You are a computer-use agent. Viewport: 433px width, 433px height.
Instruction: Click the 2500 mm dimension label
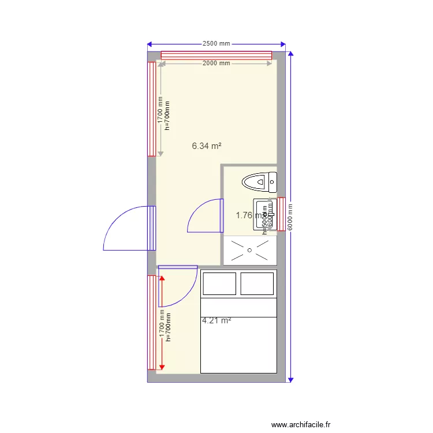pyautogui.click(x=216, y=44)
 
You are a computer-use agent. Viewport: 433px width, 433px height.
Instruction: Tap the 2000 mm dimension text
pyautogui.click(x=216, y=64)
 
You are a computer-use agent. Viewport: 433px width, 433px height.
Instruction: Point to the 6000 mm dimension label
pyautogui.click(x=290, y=216)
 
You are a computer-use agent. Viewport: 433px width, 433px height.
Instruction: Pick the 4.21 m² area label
pyautogui.click(x=216, y=320)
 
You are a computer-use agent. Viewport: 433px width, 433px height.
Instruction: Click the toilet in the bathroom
pyautogui.click(x=259, y=182)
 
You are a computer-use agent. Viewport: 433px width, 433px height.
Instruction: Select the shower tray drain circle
pyautogui.click(x=249, y=251)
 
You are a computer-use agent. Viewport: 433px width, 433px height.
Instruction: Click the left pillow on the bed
pyautogui.click(x=219, y=283)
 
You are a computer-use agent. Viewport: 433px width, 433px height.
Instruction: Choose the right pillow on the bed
pyautogui.click(x=257, y=283)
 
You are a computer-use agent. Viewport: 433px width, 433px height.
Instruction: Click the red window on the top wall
pyautogui.click(x=216, y=55)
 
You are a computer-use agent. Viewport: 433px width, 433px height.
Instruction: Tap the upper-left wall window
pyautogui.click(x=151, y=109)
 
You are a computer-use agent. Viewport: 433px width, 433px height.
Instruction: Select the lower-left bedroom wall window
pyautogui.click(x=151, y=322)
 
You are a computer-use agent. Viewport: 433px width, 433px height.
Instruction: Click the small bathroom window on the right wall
pyautogui.click(x=281, y=214)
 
